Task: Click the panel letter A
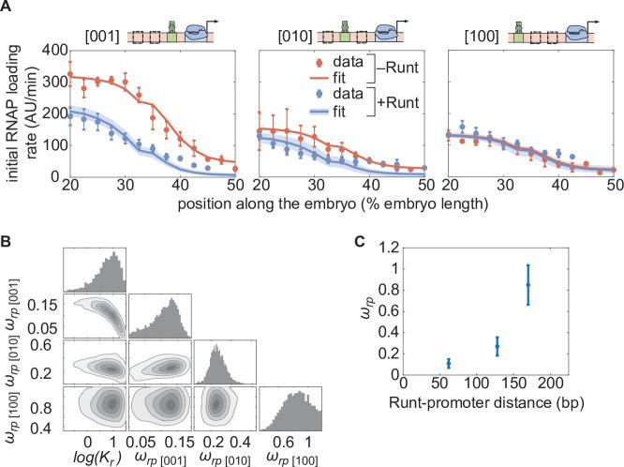pos(7,7)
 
